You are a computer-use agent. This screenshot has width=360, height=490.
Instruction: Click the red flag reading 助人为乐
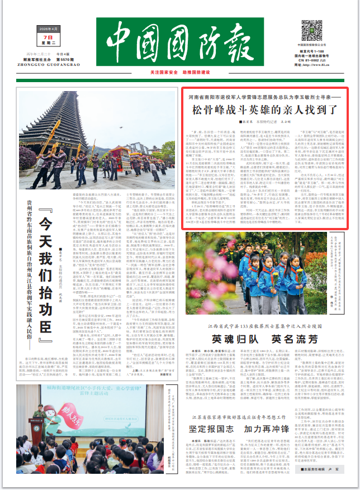tap(71, 412)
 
